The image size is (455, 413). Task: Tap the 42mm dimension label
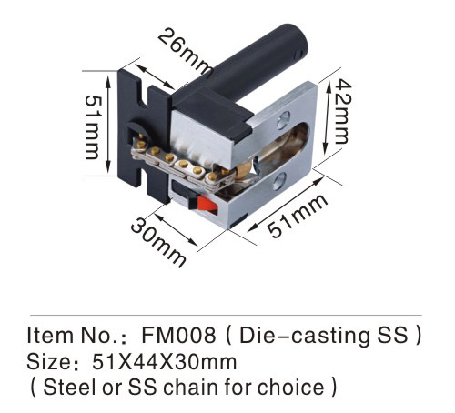click(x=343, y=111)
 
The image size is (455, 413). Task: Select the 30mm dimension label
click(x=158, y=243)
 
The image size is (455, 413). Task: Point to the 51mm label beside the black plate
click(x=93, y=127)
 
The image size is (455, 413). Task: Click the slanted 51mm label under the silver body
click(x=298, y=215)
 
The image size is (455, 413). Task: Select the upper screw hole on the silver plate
click(x=284, y=119)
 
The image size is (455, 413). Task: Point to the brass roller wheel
click(x=244, y=169)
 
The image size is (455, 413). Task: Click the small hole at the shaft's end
click(x=298, y=54)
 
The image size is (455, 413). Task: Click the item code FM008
click(x=179, y=336)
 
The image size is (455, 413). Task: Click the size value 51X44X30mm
click(x=164, y=361)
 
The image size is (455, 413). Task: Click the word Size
click(x=49, y=361)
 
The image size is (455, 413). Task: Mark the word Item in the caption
click(x=50, y=336)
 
